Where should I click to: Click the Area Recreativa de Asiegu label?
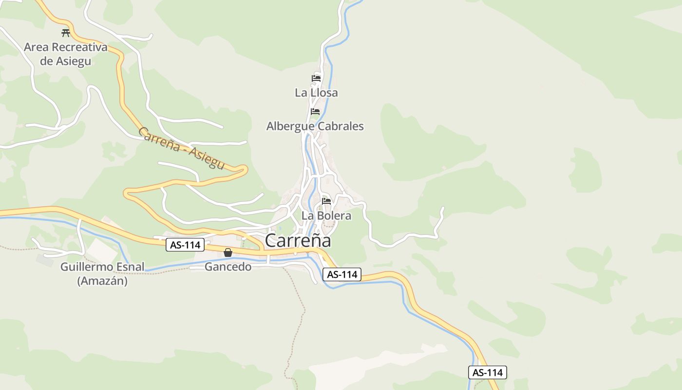point(65,54)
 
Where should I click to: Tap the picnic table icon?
point(66,33)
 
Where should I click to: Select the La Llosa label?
point(316,93)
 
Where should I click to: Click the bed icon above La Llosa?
point(316,78)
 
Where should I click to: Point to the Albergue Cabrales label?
point(315,126)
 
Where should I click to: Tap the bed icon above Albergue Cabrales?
point(315,111)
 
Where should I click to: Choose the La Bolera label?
point(326,215)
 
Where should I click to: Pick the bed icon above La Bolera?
point(326,200)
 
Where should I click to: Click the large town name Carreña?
point(298,241)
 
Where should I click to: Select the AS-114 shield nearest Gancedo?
point(185,245)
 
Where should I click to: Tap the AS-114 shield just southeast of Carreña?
point(342,274)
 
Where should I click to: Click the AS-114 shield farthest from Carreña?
point(488,372)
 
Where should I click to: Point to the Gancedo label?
point(228,267)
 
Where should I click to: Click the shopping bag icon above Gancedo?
point(227,253)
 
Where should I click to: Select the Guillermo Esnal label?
point(102,267)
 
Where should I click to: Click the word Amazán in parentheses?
point(102,281)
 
